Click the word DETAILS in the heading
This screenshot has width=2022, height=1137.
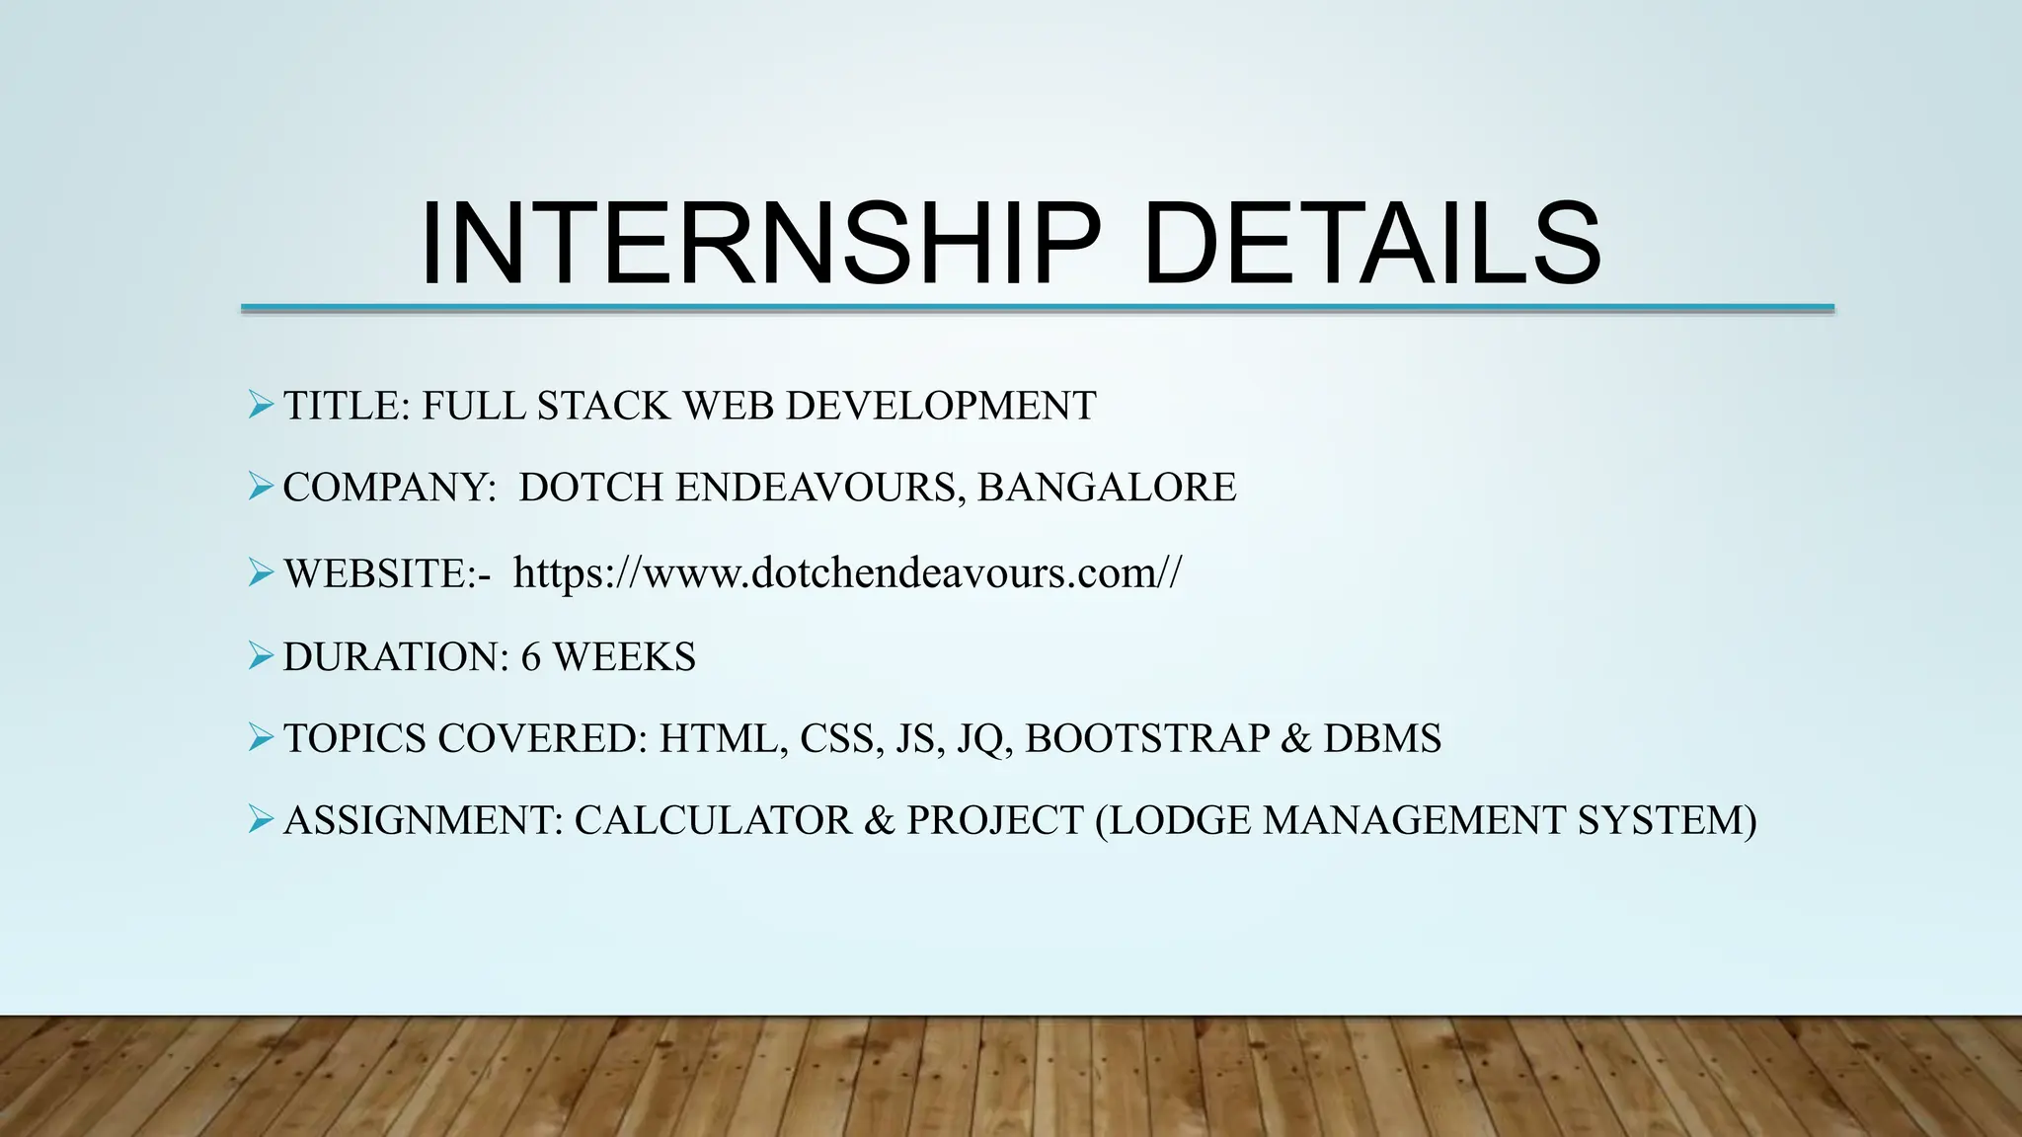tap(1371, 244)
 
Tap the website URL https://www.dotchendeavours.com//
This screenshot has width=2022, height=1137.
tap(846, 573)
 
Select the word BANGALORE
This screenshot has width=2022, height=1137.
tap(1107, 488)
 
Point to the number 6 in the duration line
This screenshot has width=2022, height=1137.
tap(531, 657)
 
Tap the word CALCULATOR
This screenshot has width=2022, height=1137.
tap(712, 821)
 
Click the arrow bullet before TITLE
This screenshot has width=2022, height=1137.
tap(261, 405)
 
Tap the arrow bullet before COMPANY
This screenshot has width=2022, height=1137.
tap(261, 487)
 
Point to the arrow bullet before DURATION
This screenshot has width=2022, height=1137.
tap(261, 655)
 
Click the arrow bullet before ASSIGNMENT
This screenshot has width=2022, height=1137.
tap(261, 819)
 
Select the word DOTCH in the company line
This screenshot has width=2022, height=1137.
tap(590, 488)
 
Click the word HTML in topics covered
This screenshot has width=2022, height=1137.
tap(718, 739)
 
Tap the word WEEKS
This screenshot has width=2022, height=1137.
tap(624, 657)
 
